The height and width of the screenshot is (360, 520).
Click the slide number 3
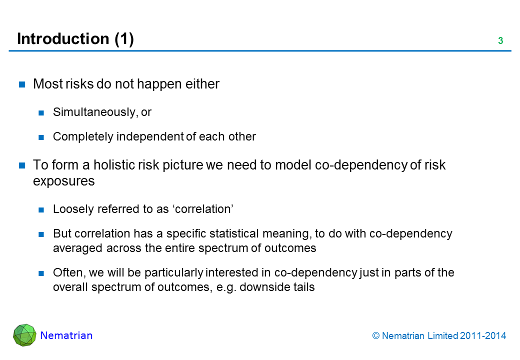tap(500, 41)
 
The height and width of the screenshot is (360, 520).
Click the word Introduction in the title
tap(63, 39)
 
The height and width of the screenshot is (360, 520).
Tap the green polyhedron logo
tap(24, 335)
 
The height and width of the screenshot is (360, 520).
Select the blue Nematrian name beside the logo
tap(66, 335)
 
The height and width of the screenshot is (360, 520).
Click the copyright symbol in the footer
tap(375, 336)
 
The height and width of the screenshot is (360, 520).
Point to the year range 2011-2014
tap(483, 336)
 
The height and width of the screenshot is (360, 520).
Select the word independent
tap(150, 136)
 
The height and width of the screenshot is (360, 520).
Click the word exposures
tap(63, 181)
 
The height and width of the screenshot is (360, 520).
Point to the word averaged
tap(77, 248)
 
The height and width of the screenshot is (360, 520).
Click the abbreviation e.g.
tap(226, 287)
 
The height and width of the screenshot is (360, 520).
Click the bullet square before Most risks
tap(22, 84)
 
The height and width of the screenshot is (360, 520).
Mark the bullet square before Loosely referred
tap(41, 209)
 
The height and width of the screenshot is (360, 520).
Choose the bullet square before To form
tap(22, 165)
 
